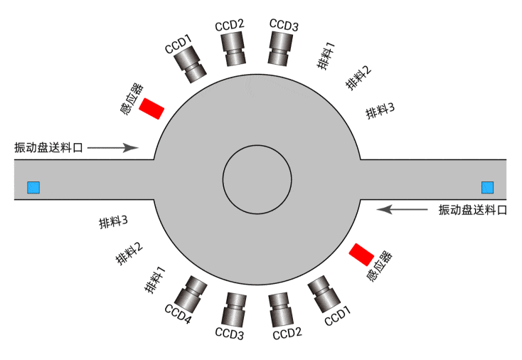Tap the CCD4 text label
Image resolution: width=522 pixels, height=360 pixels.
pyautogui.click(x=178, y=314)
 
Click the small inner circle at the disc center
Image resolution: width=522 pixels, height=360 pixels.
pyautogui.click(x=257, y=179)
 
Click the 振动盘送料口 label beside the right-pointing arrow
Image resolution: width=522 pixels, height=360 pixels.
pyautogui.click(x=48, y=148)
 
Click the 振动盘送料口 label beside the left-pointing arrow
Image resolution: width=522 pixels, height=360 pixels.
pyautogui.click(x=472, y=210)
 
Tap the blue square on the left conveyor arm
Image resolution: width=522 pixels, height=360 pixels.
pyautogui.click(x=33, y=188)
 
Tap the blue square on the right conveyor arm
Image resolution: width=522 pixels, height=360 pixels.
pyautogui.click(x=487, y=187)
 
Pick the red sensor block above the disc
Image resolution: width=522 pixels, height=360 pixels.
pyautogui.click(x=151, y=109)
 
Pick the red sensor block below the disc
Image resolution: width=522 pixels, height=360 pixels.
pyautogui.click(x=361, y=253)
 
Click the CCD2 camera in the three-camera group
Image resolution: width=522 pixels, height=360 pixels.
pyautogui.click(x=233, y=49)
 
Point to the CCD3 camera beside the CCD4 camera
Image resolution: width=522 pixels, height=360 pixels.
pyautogui.click(x=234, y=309)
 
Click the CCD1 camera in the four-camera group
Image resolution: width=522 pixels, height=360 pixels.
pyautogui.click(x=324, y=294)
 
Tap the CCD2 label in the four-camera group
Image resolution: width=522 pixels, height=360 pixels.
pyautogui.click(x=288, y=332)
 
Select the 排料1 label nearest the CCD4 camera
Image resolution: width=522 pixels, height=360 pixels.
pyautogui.click(x=155, y=279)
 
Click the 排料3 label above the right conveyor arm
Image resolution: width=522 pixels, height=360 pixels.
pyautogui.click(x=380, y=110)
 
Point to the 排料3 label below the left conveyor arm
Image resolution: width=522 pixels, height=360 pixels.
pyautogui.click(x=113, y=222)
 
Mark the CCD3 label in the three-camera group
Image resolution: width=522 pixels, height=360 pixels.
pyautogui.click(x=284, y=26)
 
